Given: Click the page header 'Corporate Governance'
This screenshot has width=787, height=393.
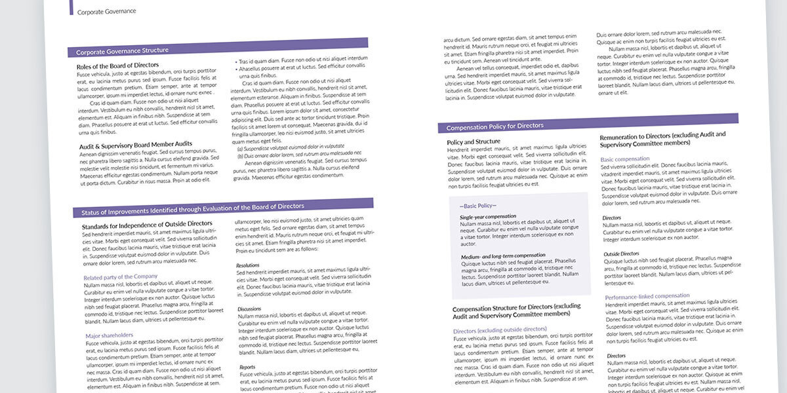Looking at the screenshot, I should (x=106, y=11).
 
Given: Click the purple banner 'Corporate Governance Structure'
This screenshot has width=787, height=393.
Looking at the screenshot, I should (x=122, y=50).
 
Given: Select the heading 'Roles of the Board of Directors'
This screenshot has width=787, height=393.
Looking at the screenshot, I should (x=117, y=65).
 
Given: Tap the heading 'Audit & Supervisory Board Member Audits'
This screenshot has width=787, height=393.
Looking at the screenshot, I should (x=136, y=143).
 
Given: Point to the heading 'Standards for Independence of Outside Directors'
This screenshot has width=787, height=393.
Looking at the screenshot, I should (x=147, y=224).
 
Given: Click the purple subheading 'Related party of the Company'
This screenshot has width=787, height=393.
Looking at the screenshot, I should (x=121, y=276).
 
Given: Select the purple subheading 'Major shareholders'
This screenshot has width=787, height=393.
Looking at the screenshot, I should (x=109, y=335).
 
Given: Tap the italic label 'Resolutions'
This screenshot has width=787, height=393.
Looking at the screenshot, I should (x=248, y=265).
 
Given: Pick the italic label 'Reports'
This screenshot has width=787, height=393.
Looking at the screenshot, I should (x=247, y=367).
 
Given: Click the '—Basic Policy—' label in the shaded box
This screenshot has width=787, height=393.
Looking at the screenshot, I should (x=477, y=206).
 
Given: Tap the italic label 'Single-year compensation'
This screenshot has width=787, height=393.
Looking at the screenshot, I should (x=488, y=216).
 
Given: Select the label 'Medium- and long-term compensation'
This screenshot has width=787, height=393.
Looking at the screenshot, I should (x=503, y=255).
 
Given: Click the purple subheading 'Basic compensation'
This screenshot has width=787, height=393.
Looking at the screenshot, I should (x=625, y=159).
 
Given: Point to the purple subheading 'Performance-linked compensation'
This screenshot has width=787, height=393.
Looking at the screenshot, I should (x=647, y=296).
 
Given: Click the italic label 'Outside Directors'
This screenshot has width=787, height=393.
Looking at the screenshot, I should (x=621, y=253).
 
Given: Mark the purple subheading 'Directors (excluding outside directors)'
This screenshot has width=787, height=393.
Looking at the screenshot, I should (x=500, y=330).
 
